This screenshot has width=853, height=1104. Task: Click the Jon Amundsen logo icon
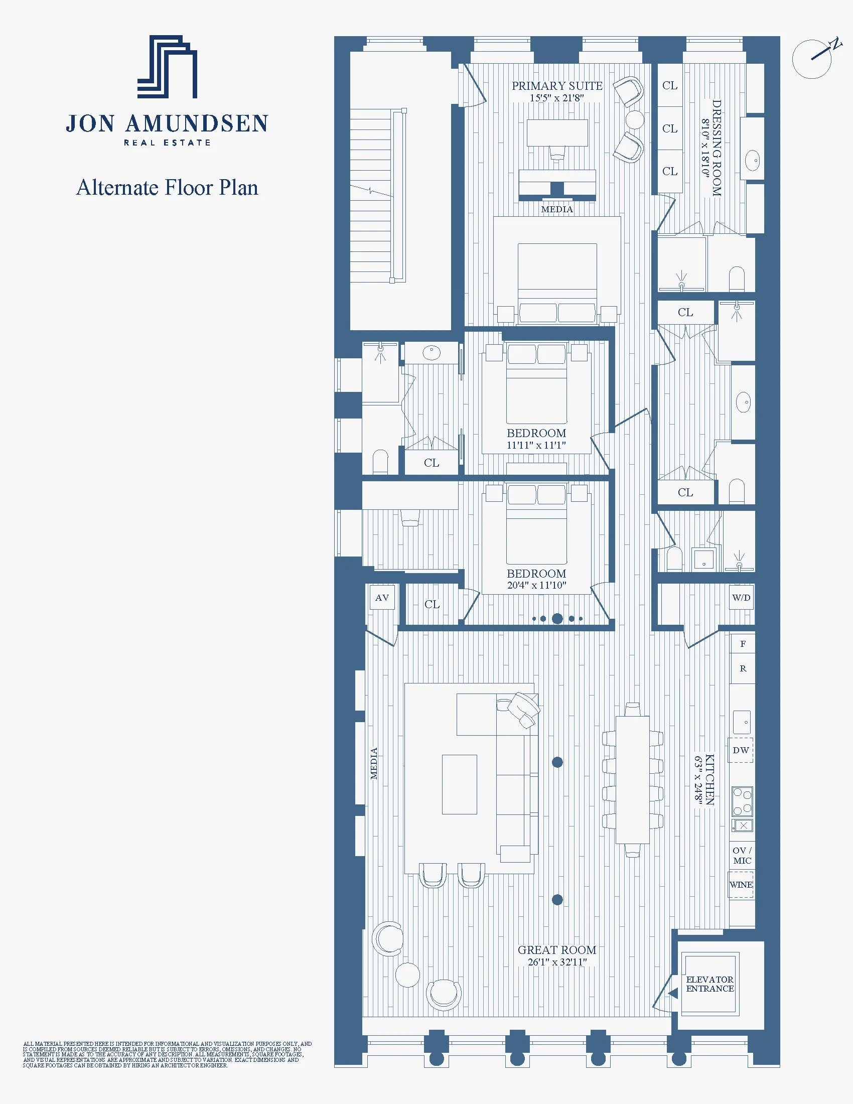click(x=167, y=67)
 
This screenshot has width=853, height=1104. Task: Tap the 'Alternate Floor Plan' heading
click(x=167, y=188)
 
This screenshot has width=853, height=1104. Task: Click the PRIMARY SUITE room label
click(x=557, y=86)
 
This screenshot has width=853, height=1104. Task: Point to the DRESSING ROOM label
click(x=716, y=148)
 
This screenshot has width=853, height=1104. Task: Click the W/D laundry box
click(x=741, y=598)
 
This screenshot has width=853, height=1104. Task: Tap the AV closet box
click(x=382, y=598)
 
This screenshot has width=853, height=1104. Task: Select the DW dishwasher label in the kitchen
click(x=741, y=750)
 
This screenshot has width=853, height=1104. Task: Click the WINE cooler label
click(x=741, y=885)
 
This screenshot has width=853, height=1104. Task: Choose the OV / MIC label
click(x=742, y=855)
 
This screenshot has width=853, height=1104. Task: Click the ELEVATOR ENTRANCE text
click(x=709, y=984)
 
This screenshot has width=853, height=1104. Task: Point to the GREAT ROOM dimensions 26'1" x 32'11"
click(x=557, y=962)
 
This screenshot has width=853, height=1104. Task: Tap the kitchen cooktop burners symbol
click(x=742, y=802)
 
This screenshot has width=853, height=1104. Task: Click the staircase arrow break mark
click(x=372, y=191)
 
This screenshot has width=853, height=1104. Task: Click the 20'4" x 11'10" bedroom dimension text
click(x=536, y=585)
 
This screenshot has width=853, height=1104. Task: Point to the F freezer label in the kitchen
click(x=742, y=644)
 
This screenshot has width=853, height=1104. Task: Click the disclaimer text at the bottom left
click(x=167, y=1054)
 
